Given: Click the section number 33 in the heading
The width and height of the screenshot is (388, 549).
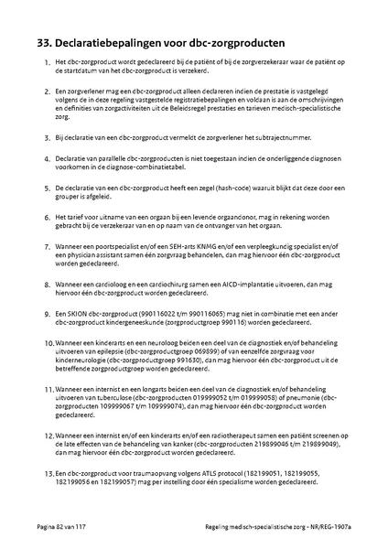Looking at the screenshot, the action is click(x=40, y=42).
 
